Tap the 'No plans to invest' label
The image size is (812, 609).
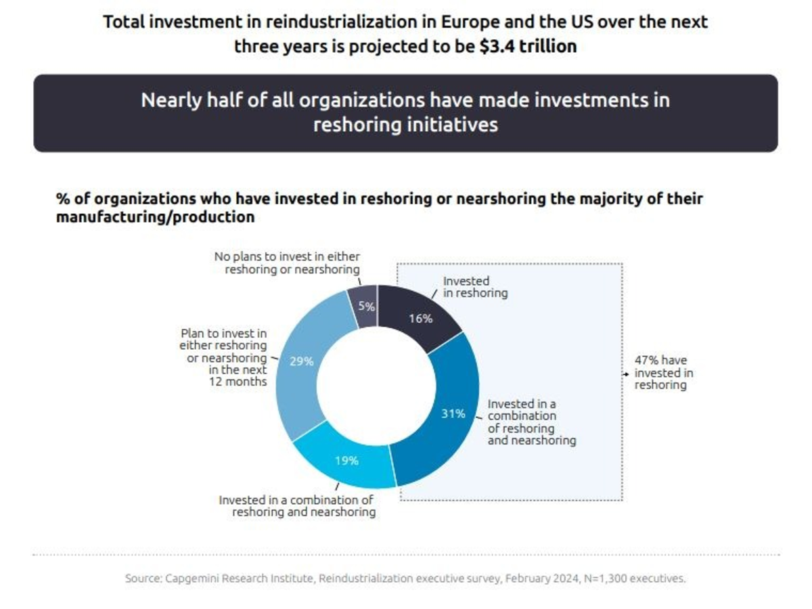pyautogui.click(x=287, y=263)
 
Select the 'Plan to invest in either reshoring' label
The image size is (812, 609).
pyautogui.click(x=223, y=357)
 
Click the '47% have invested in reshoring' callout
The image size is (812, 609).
pyautogui.click(x=663, y=373)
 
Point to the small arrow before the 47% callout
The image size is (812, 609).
pyautogui.click(x=627, y=372)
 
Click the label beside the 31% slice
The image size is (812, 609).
pyautogui.click(x=531, y=422)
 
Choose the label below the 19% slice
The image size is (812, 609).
pyautogui.click(x=296, y=505)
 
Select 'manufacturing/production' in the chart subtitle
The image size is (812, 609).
pyautogui.click(x=155, y=217)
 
